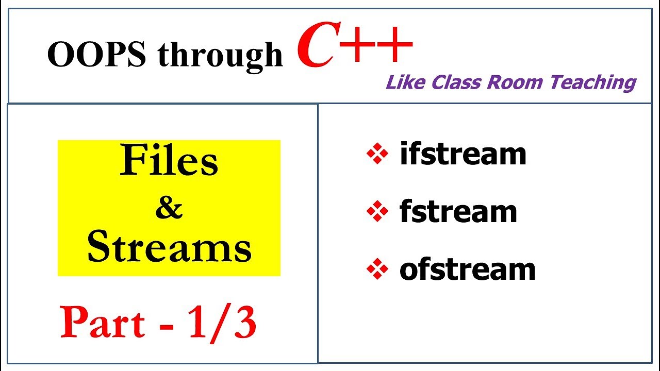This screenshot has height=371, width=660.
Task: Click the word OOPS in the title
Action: (x=96, y=54)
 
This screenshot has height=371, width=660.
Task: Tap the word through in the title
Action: (x=220, y=56)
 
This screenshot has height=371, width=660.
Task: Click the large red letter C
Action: (x=318, y=44)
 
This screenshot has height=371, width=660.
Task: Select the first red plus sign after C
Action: (x=357, y=45)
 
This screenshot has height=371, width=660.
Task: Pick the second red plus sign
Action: (x=394, y=45)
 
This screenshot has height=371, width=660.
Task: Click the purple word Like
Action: (x=405, y=82)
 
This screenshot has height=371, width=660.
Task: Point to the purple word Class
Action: (x=456, y=82)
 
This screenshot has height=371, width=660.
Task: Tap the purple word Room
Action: (x=515, y=82)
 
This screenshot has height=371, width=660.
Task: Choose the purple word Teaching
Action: (x=593, y=83)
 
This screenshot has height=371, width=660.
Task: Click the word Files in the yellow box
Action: (x=169, y=160)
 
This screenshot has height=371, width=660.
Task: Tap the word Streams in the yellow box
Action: (x=170, y=246)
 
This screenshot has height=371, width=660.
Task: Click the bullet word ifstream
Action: (x=463, y=153)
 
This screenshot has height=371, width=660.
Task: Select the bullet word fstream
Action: (x=458, y=211)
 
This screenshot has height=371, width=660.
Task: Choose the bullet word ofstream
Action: (x=468, y=269)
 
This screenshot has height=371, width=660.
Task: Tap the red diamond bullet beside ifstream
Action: (x=377, y=153)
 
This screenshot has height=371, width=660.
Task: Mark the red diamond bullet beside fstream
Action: (x=377, y=211)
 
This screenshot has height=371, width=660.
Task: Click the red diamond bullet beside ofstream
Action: (x=377, y=269)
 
